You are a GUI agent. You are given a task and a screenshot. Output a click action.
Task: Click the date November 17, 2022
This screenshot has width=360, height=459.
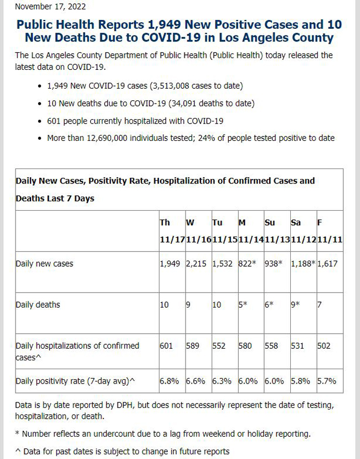(x=50, y=7)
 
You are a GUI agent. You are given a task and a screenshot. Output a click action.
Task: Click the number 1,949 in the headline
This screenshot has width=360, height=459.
(x=164, y=24)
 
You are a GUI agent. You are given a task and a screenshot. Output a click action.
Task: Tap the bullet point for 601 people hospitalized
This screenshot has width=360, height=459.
(x=40, y=121)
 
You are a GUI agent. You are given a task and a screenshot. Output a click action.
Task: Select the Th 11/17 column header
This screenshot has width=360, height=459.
(x=172, y=231)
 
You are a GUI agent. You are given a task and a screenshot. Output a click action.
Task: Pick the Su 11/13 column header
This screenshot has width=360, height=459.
(x=277, y=231)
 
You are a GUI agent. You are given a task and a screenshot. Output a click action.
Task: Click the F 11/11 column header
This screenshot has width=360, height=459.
(x=330, y=231)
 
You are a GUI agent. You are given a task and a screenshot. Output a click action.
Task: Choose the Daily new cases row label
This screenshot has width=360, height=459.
(x=44, y=263)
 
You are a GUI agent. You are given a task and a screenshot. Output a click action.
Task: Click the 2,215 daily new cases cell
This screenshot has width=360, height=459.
(x=196, y=263)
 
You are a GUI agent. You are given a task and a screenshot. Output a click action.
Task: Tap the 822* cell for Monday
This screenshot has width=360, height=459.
(x=247, y=263)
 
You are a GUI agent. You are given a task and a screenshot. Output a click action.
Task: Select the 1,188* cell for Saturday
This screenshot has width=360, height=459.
(x=303, y=263)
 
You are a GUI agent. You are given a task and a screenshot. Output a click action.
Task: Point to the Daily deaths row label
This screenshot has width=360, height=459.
(x=38, y=304)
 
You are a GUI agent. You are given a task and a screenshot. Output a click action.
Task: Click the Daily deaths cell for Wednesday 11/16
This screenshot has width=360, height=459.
(x=188, y=305)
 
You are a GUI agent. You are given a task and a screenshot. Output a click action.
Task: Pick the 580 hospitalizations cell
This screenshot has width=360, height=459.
(x=245, y=346)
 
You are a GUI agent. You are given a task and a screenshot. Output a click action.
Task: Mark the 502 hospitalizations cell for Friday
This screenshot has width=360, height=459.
(x=324, y=346)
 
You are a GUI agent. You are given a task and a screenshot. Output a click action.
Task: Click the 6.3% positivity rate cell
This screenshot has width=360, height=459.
(x=222, y=381)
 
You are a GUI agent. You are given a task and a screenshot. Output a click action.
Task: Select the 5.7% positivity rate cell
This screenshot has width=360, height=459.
(x=327, y=381)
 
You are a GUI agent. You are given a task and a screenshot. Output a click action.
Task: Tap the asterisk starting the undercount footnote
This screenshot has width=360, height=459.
(x=17, y=432)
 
